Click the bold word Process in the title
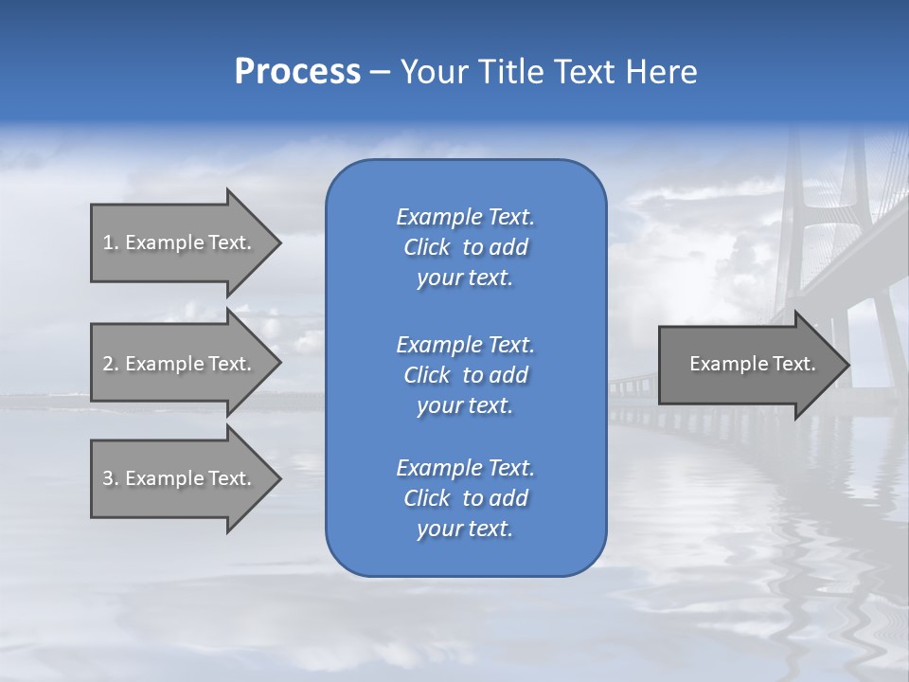(297, 72)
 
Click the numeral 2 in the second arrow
(108, 364)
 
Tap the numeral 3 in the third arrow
(108, 478)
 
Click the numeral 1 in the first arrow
(108, 242)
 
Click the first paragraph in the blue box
(465, 247)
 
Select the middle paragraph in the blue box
(465, 375)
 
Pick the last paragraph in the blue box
(465, 498)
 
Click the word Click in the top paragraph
(426, 247)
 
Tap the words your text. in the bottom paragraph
(465, 529)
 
